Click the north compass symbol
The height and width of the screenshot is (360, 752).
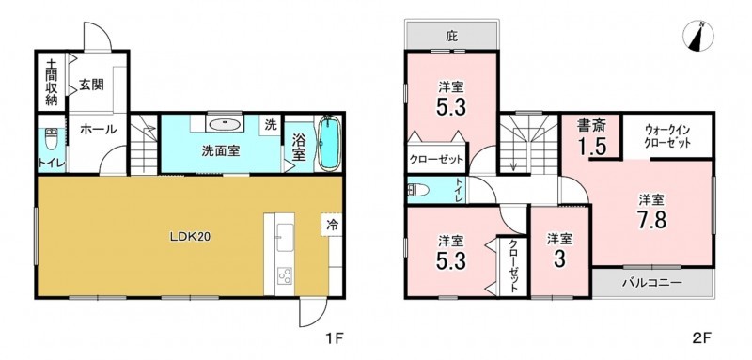pyautogui.click(x=699, y=36)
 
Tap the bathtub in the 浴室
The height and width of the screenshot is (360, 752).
pyautogui.click(x=329, y=143)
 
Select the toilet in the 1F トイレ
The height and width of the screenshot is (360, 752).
pyautogui.click(x=51, y=138)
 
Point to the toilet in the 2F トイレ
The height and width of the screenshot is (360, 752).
pyautogui.click(x=417, y=190)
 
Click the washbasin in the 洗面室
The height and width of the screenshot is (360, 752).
pyautogui.click(x=224, y=124)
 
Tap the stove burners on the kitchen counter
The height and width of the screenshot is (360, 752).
pyautogui.click(x=284, y=275)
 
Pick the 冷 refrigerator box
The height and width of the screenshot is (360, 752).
pyautogui.click(x=332, y=224)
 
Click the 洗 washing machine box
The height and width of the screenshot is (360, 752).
pyautogui.click(x=272, y=126)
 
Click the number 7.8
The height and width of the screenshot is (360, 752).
pyautogui.click(x=651, y=221)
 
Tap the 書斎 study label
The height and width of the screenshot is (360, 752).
pyautogui.click(x=591, y=126)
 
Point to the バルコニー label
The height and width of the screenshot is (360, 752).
pyautogui.click(x=651, y=283)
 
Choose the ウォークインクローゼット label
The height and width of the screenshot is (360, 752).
pyautogui.click(x=667, y=135)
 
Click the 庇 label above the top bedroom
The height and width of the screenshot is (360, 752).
pyautogui.click(x=450, y=37)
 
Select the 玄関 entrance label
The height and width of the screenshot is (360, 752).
pyautogui.click(x=91, y=86)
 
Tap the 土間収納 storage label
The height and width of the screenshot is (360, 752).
pyautogui.click(x=52, y=83)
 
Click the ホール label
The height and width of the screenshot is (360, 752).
pyautogui.click(x=98, y=129)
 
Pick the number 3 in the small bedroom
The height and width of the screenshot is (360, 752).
pyautogui.click(x=559, y=259)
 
